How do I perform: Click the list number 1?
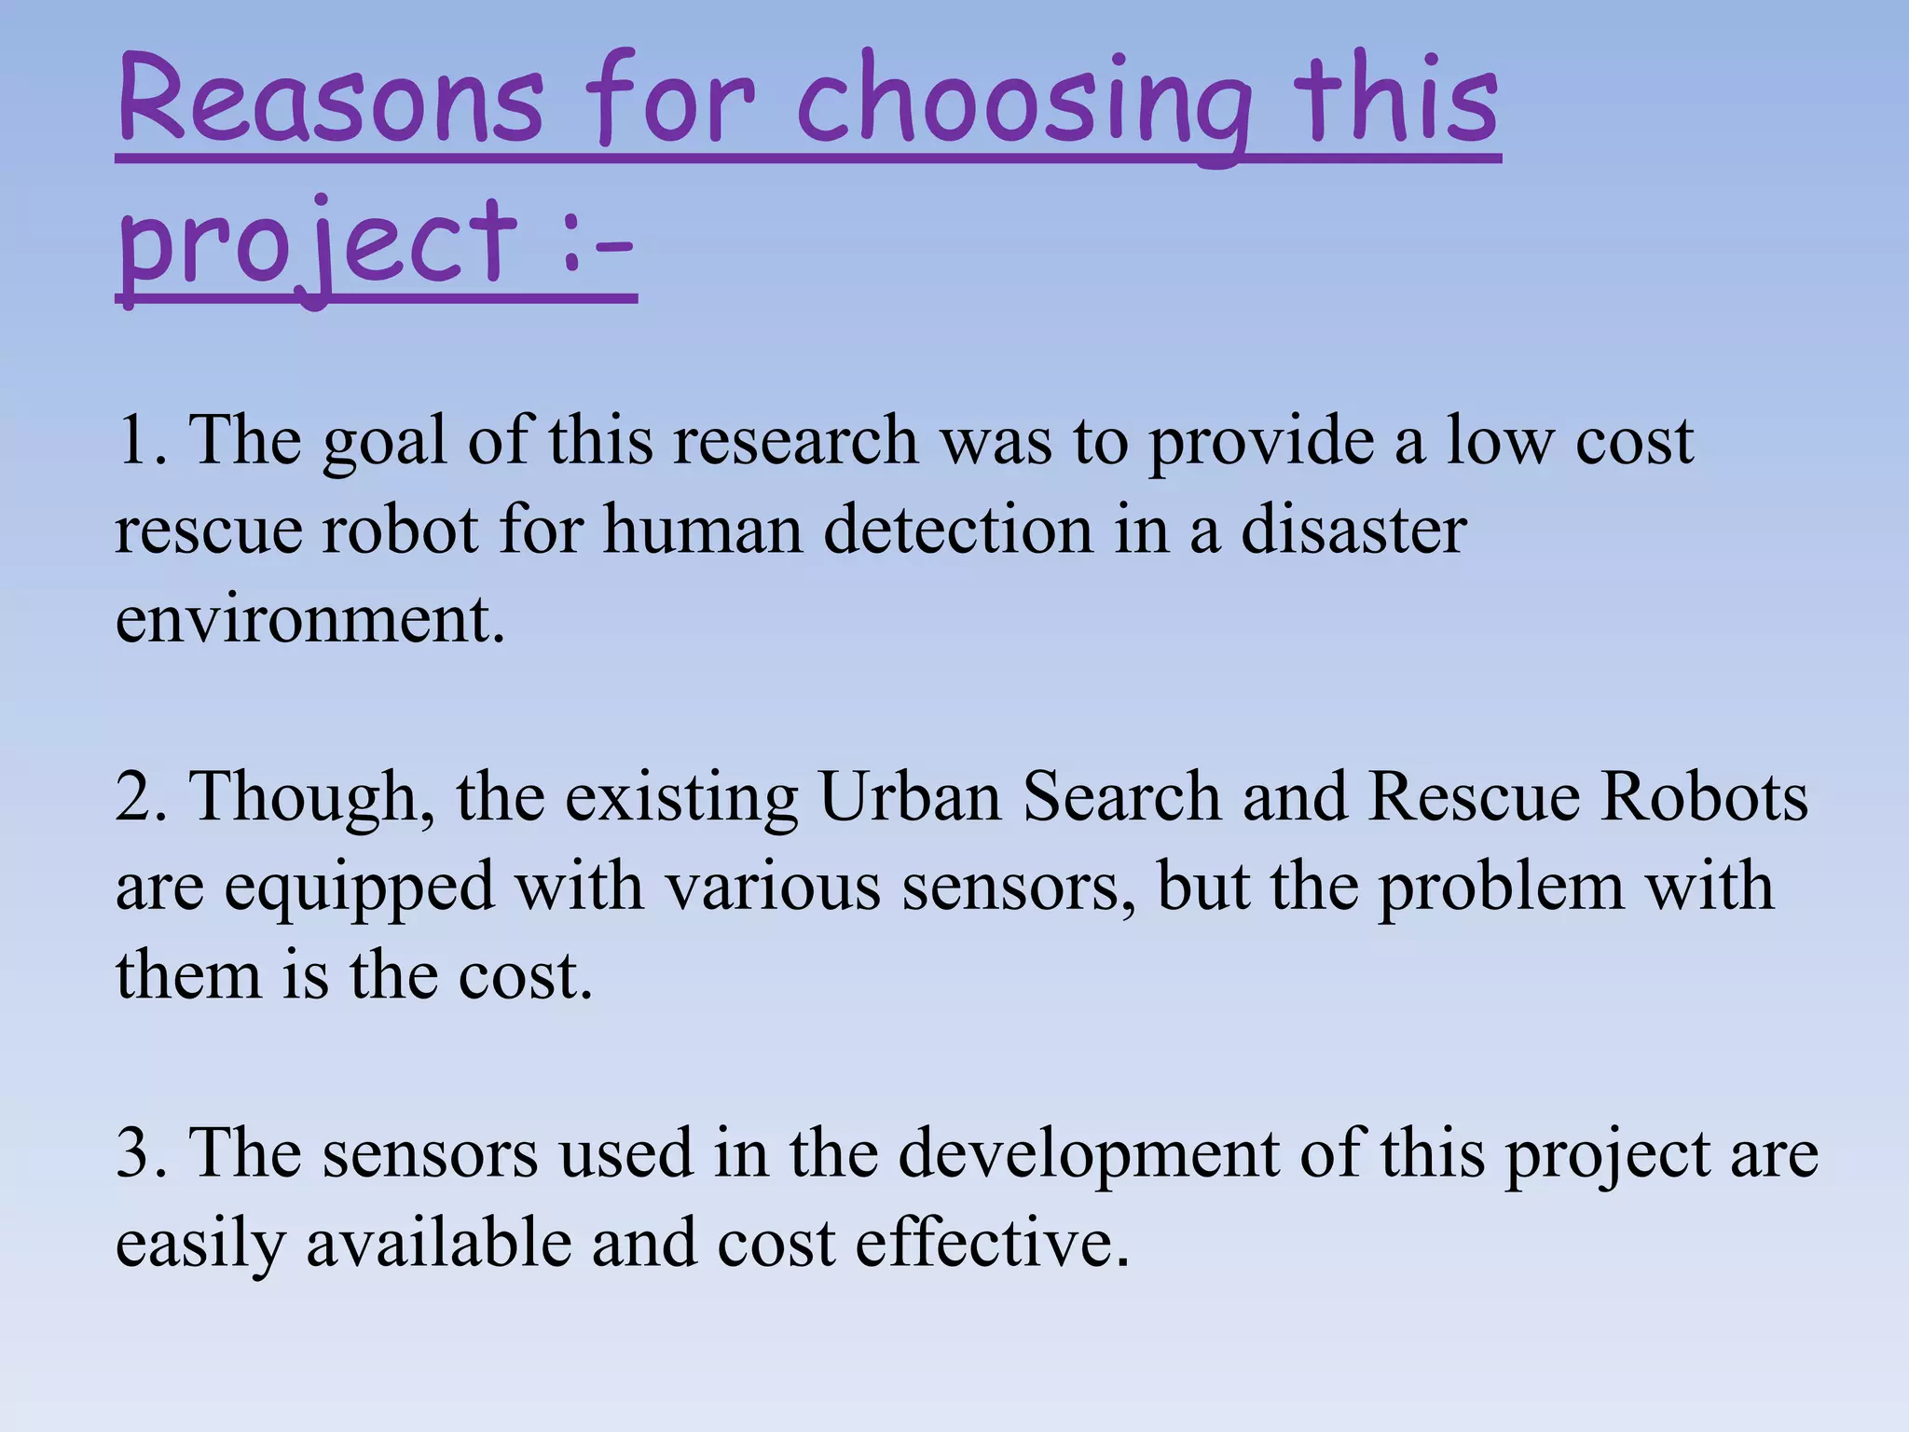click(x=140, y=440)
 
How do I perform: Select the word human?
click(x=702, y=530)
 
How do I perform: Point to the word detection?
click(x=957, y=530)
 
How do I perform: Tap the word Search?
click(x=1121, y=797)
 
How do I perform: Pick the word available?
click(x=438, y=1244)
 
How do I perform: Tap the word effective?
click(x=992, y=1244)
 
